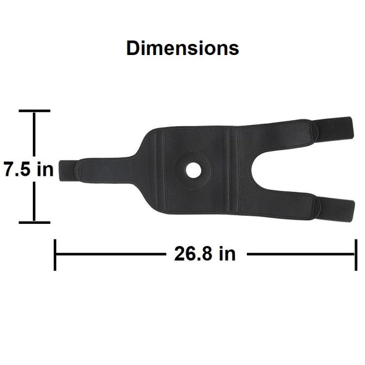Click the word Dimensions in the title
pos(182,48)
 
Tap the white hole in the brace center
pos(194,170)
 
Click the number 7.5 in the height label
pos(17,170)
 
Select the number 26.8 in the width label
pos(194,254)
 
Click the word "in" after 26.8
pos(227,253)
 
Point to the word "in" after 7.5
pos(45,169)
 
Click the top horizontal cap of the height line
pos(35,111)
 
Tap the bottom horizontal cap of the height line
pos(35,223)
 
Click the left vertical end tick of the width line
pos(55,255)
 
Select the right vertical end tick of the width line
pos(356,255)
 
